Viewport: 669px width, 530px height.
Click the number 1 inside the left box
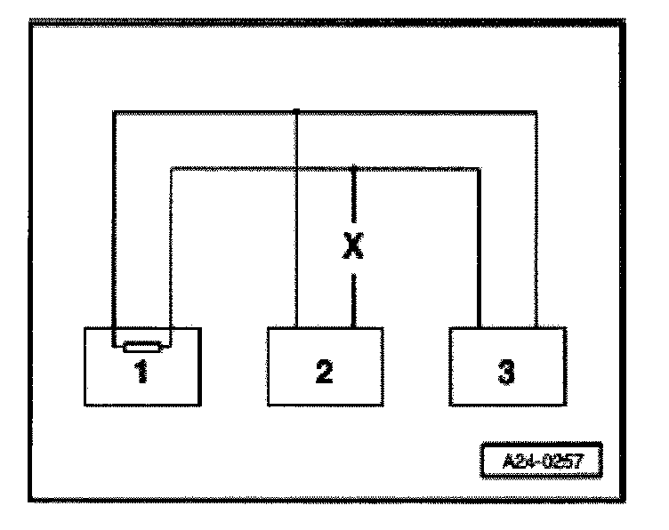point(141,373)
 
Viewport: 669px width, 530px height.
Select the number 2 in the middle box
point(325,372)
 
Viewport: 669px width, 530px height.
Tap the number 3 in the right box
point(506,372)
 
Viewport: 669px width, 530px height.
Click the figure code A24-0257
point(540,462)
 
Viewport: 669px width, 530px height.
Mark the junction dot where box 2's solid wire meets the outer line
point(296,111)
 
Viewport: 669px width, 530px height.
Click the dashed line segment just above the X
point(353,199)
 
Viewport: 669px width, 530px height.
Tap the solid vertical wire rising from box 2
point(296,222)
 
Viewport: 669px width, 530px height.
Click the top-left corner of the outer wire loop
point(114,112)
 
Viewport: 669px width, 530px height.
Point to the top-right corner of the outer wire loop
point(536,112)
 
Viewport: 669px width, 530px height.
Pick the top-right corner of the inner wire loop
point(480,167)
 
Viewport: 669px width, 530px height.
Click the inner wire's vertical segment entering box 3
point(480,249)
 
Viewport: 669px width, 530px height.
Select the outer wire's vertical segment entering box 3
point(536,222)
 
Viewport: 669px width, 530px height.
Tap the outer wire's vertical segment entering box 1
point(114,222)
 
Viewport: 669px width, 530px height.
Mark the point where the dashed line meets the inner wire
point(353,167)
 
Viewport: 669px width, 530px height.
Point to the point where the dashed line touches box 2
point(353,326)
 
